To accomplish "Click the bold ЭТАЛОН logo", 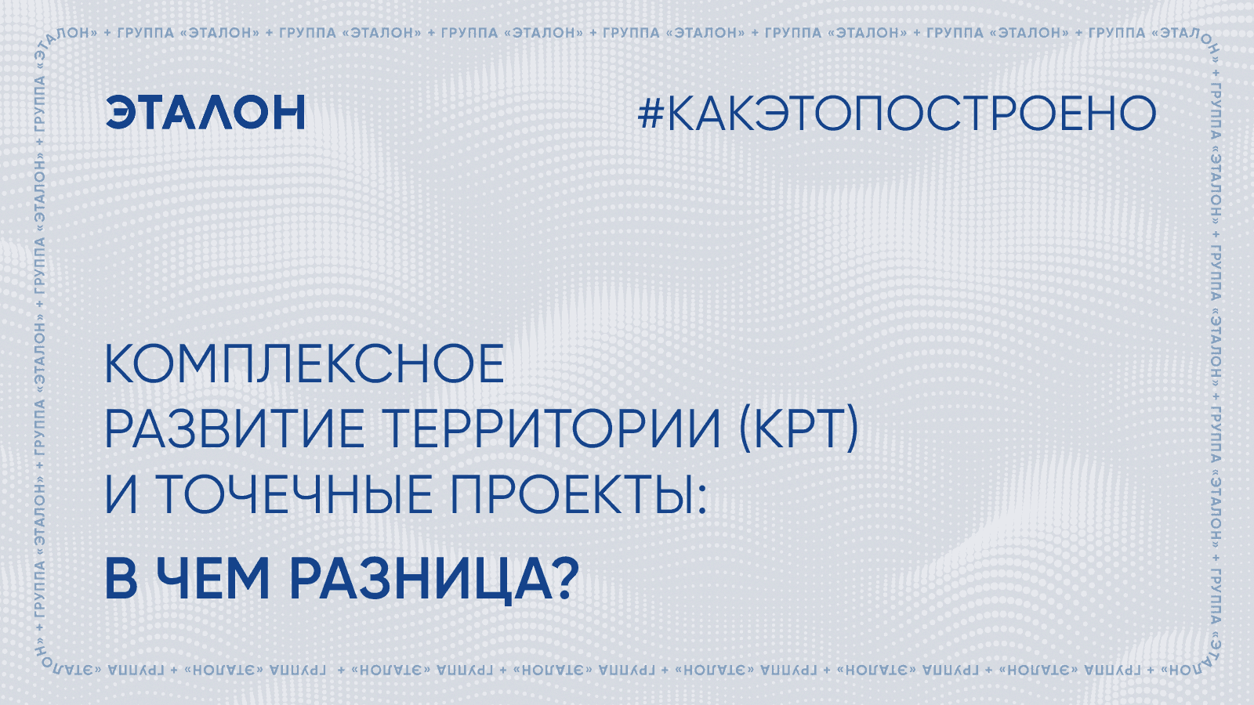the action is (x=205, y=112).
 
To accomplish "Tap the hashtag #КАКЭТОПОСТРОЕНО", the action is (x=897, y=113).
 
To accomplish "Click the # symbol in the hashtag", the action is (x=651, y=113).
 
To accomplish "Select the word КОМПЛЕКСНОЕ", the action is (x=305, y=363).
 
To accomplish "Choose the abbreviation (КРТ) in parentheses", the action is (x=799, y=428).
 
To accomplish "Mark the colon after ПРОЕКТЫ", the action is (x=702, y=499).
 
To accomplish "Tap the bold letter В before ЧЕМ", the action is (x=121, y=579).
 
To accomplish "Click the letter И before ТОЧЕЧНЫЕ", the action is (x=121, y=493).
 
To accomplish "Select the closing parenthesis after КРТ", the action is (x=851, y=429).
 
